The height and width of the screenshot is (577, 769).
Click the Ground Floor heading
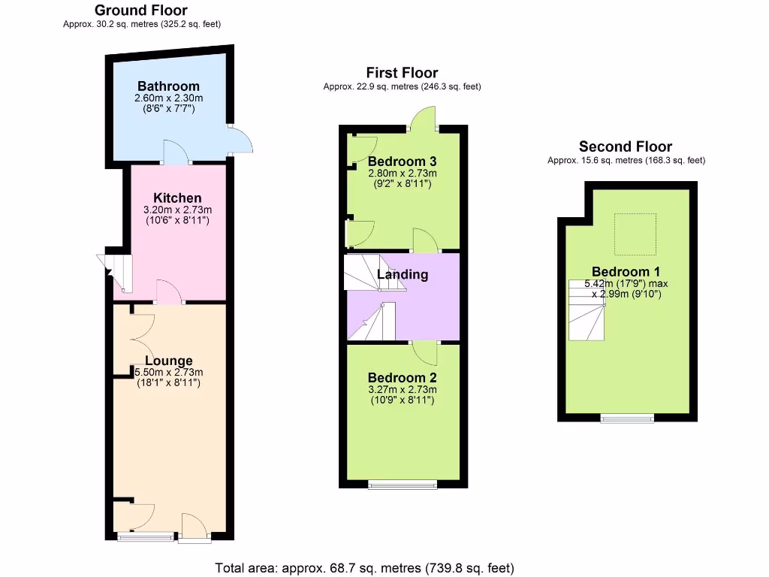141,11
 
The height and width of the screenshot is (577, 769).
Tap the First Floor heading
402,73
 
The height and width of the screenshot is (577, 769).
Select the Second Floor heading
626,147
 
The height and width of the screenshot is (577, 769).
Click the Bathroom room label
168,86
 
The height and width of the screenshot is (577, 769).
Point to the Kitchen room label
178,198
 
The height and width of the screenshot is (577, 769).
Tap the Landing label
403,274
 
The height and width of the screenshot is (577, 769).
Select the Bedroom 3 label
402,162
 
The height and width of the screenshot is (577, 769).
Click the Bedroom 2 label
402,378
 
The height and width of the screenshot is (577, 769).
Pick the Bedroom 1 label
626,272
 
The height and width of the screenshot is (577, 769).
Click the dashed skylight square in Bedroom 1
635,233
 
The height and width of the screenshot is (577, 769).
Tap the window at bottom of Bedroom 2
403,485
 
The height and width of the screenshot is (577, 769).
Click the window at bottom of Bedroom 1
627,418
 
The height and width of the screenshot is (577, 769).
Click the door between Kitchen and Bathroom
176,153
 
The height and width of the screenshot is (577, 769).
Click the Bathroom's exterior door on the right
240,140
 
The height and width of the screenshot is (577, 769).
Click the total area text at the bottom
365,568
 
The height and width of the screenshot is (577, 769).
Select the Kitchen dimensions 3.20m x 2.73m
178,210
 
